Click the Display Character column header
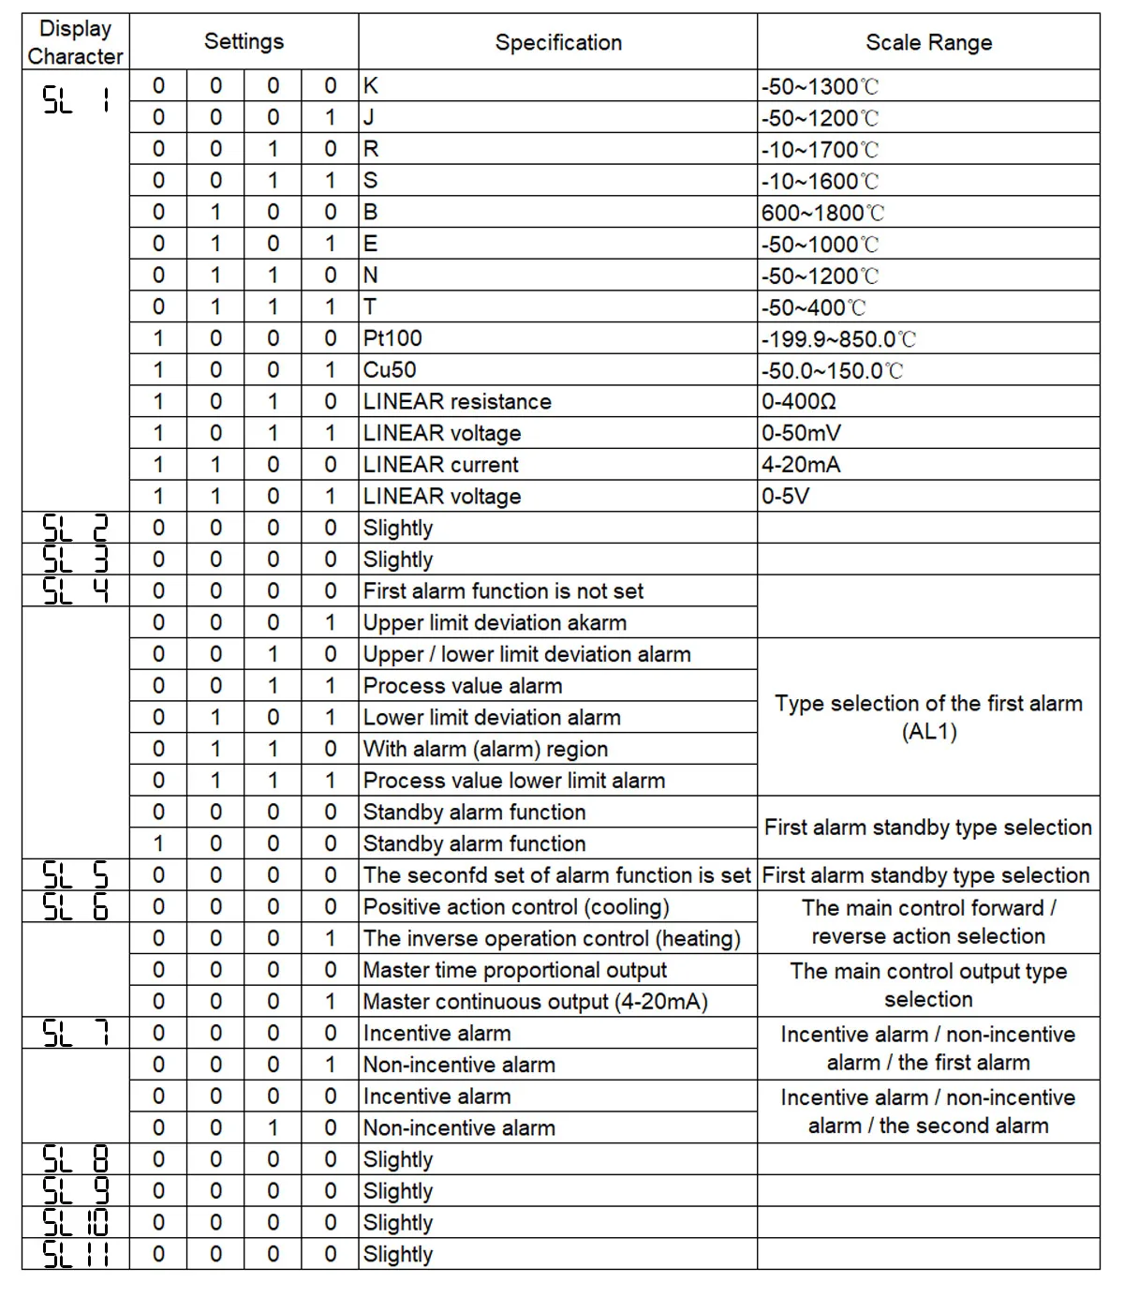coord(75,42)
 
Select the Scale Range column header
coord(928,42)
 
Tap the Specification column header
coord(558,42)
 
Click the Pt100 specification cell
coord(393,338)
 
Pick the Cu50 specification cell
coord(391,370)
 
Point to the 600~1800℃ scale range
coord(822,213)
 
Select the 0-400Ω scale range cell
coord(799,402)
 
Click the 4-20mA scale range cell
coord(801,465)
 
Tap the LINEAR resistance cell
coord(457,402)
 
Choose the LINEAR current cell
coord(441,465)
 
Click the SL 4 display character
coord(75,590)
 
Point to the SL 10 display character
coord(75,1222)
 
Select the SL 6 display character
coord(75,906)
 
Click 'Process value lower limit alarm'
coord(514,781)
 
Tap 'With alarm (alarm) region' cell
coord(485,749)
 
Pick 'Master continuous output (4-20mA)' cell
coord(535,1001)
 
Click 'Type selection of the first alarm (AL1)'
coord(928,717)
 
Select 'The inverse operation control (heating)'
coord(552,938)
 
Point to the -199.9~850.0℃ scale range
coord(838,339)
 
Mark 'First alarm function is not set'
coord(503,590)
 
